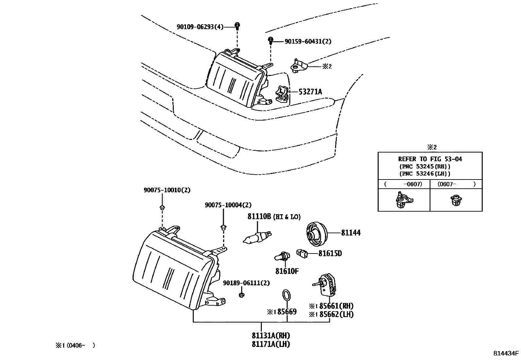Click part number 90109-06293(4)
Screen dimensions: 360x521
click(x=200, y=27)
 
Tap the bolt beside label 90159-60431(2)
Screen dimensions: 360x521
click(x=271, y=41)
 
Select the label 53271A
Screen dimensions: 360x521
click(x=310, y=92)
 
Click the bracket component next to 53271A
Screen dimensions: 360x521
click(x=282, y=94)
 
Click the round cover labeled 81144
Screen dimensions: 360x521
click(x=316, y=234)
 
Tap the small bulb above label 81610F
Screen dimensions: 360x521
click(x=281, y=256)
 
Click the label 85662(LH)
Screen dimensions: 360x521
click(x=336, y=314)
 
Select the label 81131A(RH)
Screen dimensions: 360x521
click(x=271, y=336)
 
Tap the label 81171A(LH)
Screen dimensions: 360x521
click(x=271, y=344)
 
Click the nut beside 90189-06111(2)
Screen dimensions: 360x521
click(x=242, y=295)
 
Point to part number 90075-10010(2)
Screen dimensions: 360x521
click(x=167, y=190)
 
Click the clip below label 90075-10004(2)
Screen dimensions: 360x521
click(x=223, y=227)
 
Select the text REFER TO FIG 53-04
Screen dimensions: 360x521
click(x=430, y=159)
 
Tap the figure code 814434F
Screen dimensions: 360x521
click(x=506, y=353)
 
